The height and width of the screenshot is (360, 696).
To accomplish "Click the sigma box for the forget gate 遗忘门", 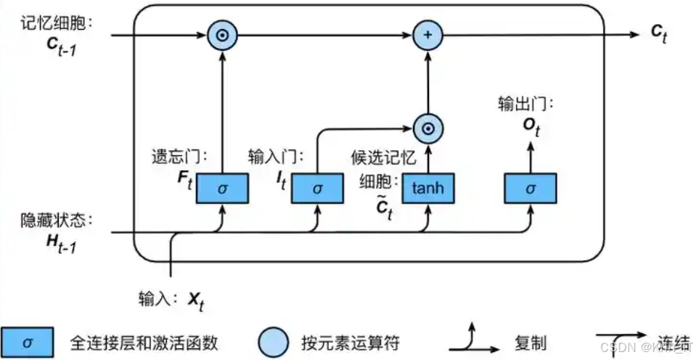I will click(x=223, y=188).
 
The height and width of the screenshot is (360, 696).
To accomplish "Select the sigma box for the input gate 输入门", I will click(x=316, y=188).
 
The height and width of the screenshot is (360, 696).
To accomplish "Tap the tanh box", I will click(x=427, y=188).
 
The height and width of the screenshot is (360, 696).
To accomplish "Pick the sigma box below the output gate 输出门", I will click(x=531, y=188).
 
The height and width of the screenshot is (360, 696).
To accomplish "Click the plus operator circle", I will click(x=427, y=34).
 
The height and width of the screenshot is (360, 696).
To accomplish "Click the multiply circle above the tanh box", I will click(x=427, y=129).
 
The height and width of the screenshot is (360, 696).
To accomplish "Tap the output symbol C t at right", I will click(x=658, y=33).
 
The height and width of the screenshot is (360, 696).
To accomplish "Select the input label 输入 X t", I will click(x=171, y=298).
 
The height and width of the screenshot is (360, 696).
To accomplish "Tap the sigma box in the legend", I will click(x=27, y=341).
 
